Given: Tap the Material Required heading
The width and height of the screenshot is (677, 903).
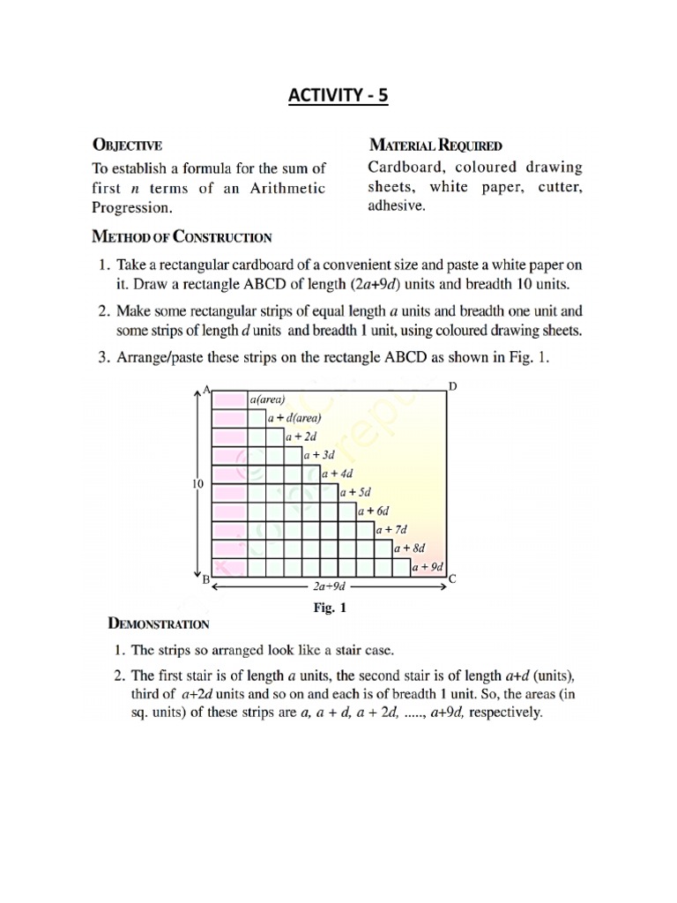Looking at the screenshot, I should click(x=435, y=144).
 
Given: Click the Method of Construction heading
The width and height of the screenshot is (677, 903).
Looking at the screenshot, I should click(x=182, y=236).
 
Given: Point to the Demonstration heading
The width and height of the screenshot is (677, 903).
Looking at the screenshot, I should click(x=158, y=623).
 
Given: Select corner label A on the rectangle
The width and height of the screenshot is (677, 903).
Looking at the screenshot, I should click(x=206, y=389).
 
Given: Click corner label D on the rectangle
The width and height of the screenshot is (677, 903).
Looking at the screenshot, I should click(x=453, y=387).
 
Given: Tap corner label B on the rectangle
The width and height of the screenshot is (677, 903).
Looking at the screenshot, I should click(x=205, y=580).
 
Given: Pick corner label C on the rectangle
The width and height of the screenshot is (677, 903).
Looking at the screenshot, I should click(x=452, y=579).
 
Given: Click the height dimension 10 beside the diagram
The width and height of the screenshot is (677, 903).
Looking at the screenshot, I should click(x=197, y=484).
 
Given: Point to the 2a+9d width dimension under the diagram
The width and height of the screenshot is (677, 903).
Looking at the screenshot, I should click(x=327, y=586).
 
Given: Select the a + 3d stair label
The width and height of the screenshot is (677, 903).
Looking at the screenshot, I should click(x=320, y=455).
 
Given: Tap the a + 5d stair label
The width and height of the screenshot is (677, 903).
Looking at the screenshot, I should click(x=356, y=492).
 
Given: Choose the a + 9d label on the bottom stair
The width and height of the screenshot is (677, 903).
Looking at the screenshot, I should click(x=429, y=567).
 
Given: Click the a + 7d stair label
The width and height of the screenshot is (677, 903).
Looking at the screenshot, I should click(x=392, y=530).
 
